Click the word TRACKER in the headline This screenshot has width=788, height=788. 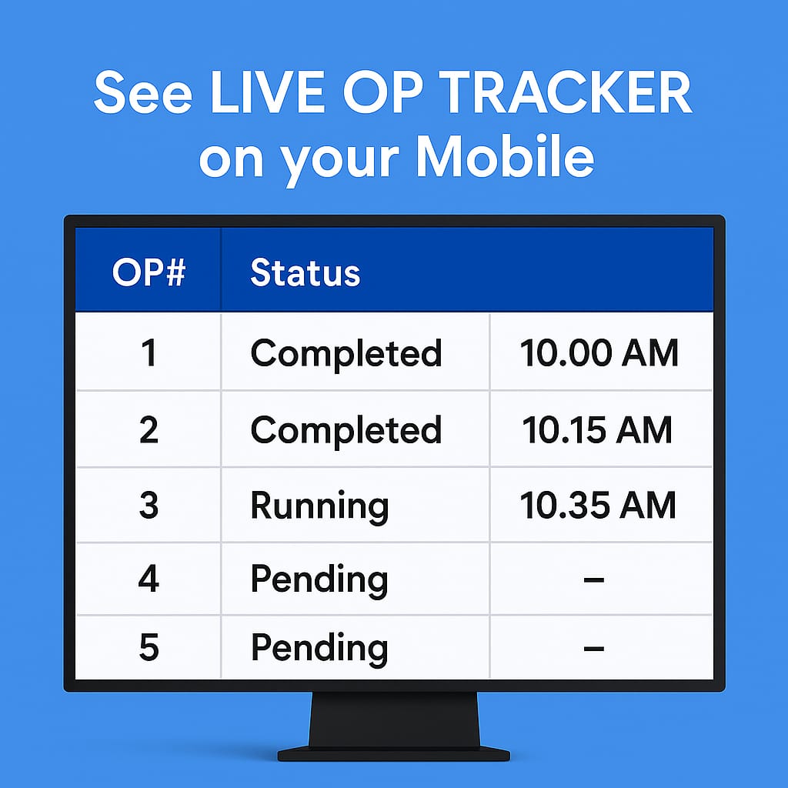[x=566, y=92]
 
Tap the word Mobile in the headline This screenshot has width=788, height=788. [x=505, y=157]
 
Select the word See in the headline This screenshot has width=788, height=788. [x=143, y=92]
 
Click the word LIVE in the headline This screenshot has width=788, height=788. [x=268, y=92]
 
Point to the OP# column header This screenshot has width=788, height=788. [x=149, y=272]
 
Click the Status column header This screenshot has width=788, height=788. [x=305, y=272]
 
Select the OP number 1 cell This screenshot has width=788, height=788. [x=149, y=352]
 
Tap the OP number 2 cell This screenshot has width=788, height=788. [x=149, y=429]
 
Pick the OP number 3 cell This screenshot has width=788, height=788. [x=149, y=505]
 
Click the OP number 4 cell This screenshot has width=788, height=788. [x=149, y=579]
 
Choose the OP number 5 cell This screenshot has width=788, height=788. [x=149, y=647]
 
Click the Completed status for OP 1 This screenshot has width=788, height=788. [x=346, y=353]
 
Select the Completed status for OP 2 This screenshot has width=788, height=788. [x=346, y=431]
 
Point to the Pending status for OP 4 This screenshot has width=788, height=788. [x=319, y=580]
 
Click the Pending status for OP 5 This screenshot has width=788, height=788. [x=319, y=649]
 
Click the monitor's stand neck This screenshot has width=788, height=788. [x=394, y=720]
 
